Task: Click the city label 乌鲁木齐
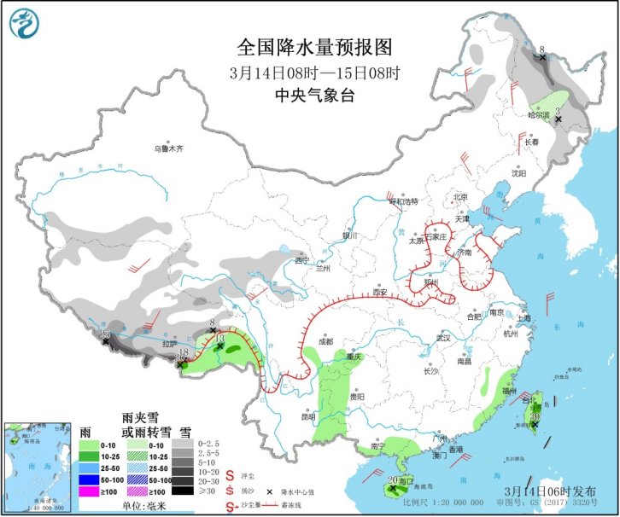tap(168, 148)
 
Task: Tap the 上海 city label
tap(523, 318)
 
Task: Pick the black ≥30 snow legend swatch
tap(181, 491)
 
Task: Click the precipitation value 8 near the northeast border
tap(541, 49)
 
